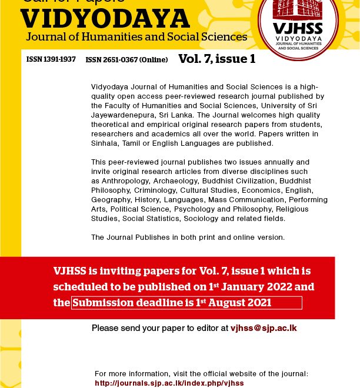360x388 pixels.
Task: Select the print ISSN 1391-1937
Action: pos(51,59)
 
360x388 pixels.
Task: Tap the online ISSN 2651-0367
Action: pos(126,59)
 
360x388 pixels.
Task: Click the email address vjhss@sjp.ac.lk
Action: pos(264,328)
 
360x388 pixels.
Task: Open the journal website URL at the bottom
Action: pos(169,383)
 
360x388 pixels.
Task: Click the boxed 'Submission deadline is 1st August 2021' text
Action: pos(186,303)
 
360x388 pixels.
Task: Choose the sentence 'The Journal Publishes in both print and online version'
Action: pos(188,238)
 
